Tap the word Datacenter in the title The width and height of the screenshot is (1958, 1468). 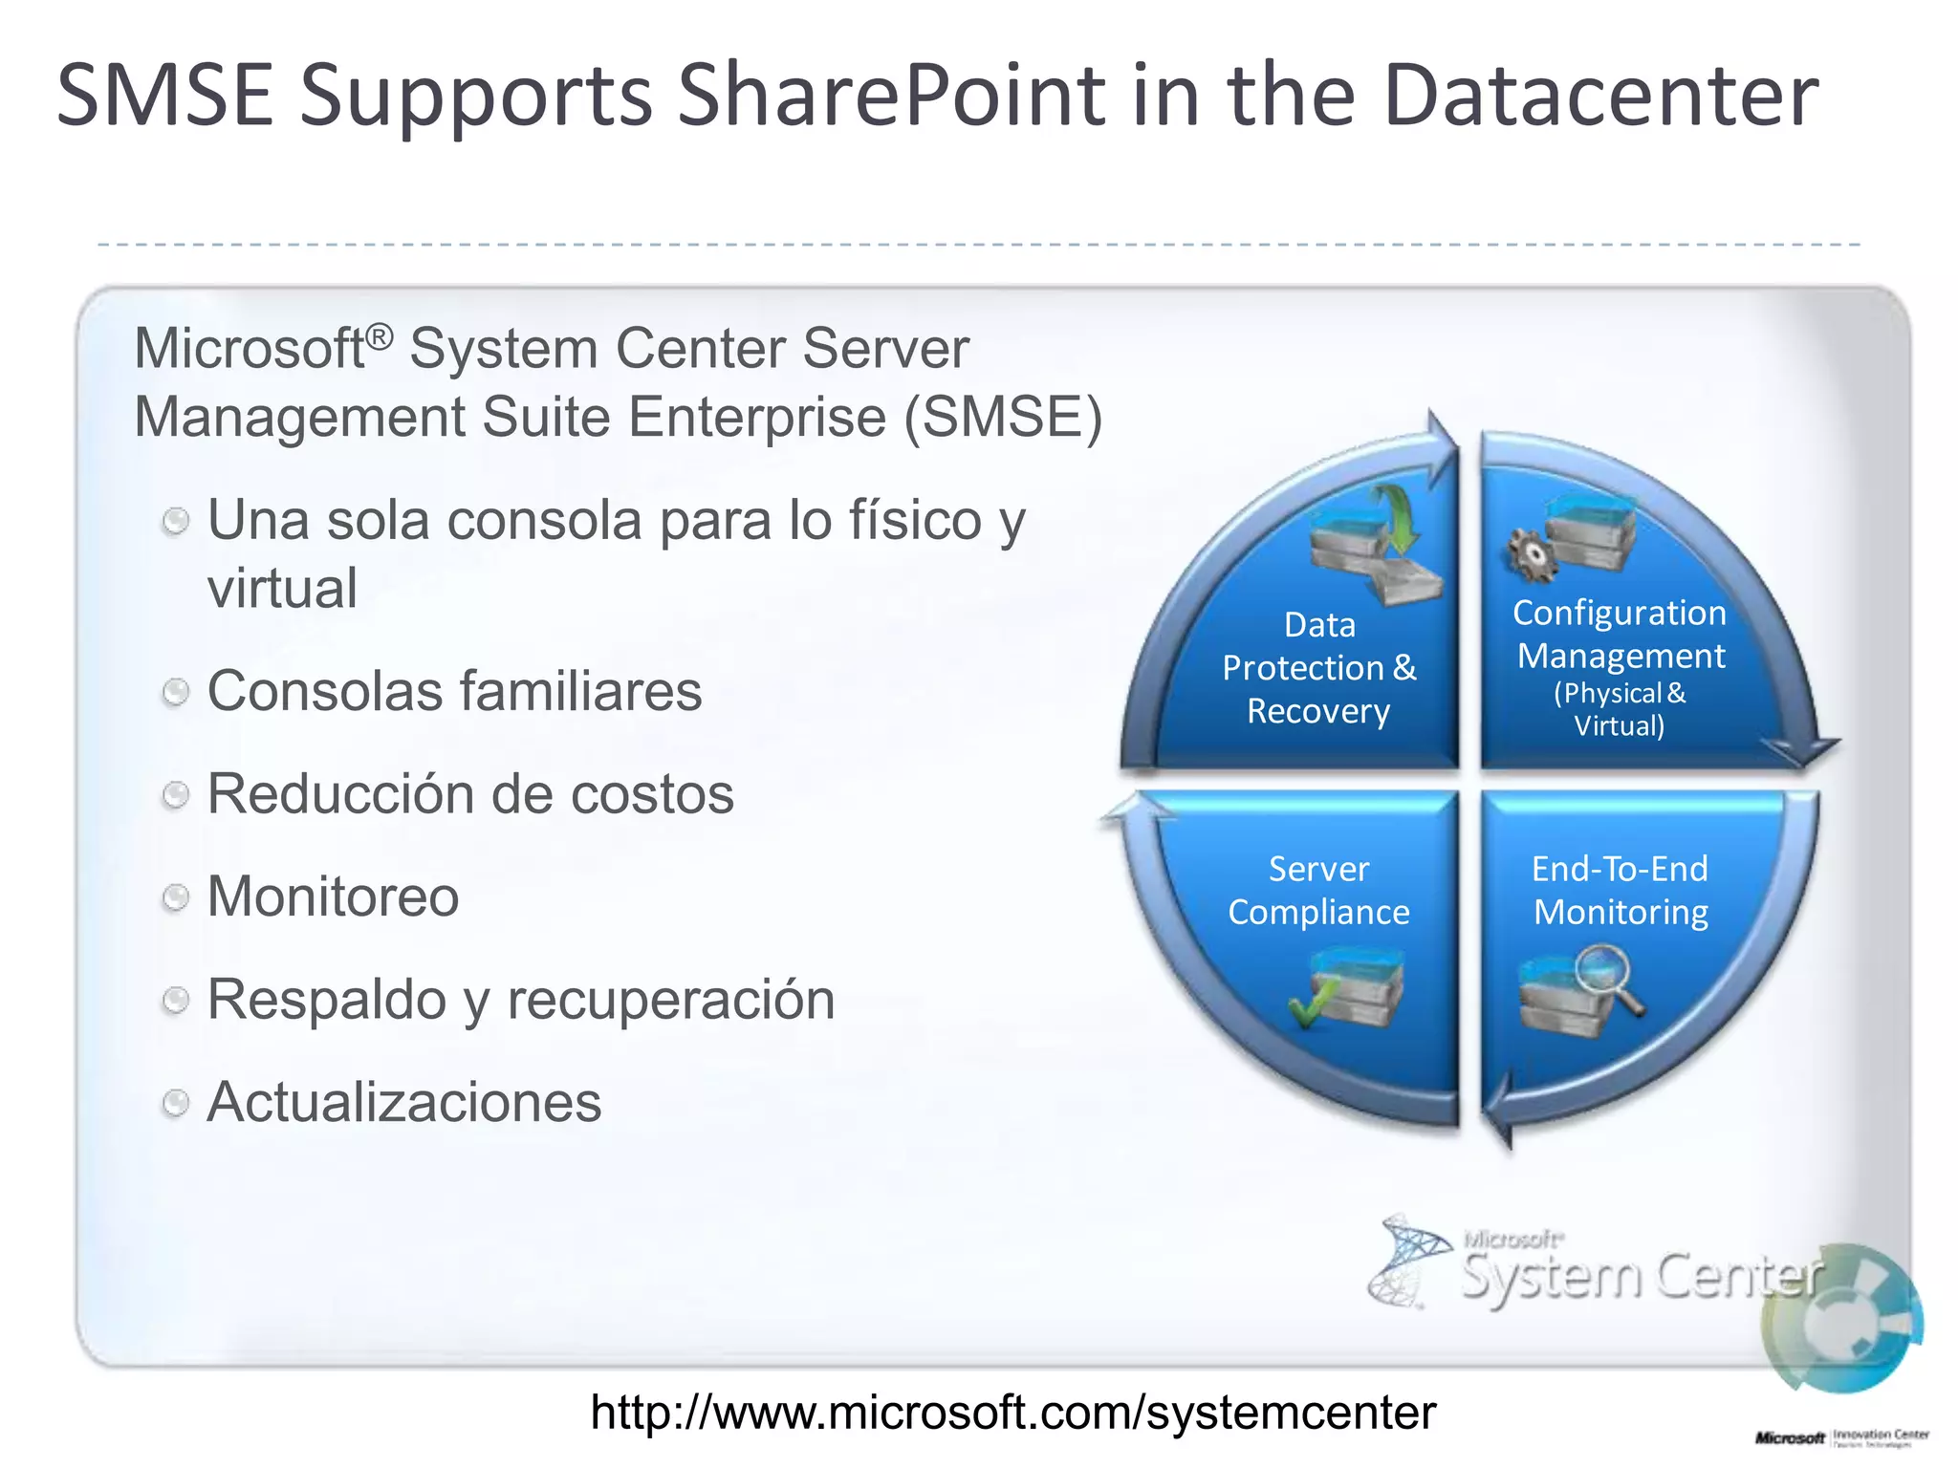coord(1599,96)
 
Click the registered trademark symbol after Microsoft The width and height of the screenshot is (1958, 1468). coord(380,335)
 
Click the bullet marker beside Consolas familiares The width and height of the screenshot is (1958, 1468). coord(175,691)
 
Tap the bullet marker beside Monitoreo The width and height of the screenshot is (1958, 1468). coord(175,896)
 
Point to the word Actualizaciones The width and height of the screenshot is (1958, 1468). coord(404,1102)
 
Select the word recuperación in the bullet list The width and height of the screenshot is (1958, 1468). coord(670,1000)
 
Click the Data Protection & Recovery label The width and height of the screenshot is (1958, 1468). coord(1319,667)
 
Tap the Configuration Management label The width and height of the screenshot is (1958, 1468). coord(1620,635)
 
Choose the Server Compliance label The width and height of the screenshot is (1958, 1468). coord(1318,890)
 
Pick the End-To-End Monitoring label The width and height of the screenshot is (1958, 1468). coord(1620,890)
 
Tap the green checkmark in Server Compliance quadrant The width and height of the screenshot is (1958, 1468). coord(1311,1005)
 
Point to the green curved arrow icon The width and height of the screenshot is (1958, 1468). coord(1398,516)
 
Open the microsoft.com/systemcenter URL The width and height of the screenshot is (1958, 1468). coord(1012,1412)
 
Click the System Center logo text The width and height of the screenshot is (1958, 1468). coord(1641,1276)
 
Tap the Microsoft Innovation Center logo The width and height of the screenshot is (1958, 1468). coord(1841,1437)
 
